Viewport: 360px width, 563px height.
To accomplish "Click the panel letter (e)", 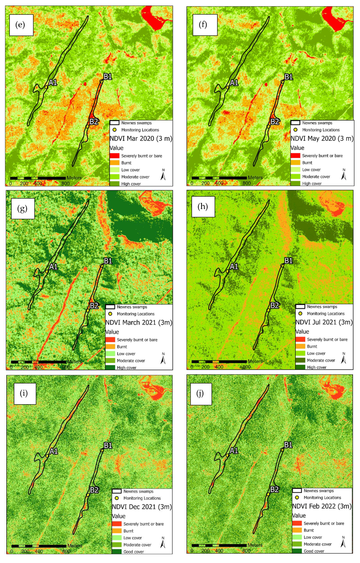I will click(20, 25).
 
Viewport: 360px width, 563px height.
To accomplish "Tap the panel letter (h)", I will click(203, 207).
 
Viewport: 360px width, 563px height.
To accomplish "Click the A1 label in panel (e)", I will click(53, 83).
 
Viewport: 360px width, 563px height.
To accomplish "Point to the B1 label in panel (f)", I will click(288, 77).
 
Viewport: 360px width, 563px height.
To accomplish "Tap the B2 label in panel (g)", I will click(94, 306).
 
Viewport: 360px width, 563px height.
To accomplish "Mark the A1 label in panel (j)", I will click(234, 451).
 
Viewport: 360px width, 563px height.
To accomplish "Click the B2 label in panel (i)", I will click(94, 490).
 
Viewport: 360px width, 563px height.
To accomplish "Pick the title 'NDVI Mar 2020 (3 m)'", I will click(141, 138).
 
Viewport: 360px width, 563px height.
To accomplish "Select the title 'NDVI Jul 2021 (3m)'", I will click(324, 322).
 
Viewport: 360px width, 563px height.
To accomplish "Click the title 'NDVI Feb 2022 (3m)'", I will click(322, 506).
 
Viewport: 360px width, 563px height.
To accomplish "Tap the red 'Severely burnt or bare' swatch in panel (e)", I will click(115, 156).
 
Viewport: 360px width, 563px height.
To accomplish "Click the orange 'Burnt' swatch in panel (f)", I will click(295, 163).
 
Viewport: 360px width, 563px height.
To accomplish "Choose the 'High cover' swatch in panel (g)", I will click(110, 367).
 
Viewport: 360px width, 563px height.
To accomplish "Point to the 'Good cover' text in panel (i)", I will click(133, 552).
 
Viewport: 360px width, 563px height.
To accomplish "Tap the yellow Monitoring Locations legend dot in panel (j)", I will click(297, 497).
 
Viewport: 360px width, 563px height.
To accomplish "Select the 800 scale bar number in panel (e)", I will click(65, 183).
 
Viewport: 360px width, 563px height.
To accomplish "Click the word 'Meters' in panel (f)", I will click(255, 178).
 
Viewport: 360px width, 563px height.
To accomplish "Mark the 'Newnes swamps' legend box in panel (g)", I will click(110, 307).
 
